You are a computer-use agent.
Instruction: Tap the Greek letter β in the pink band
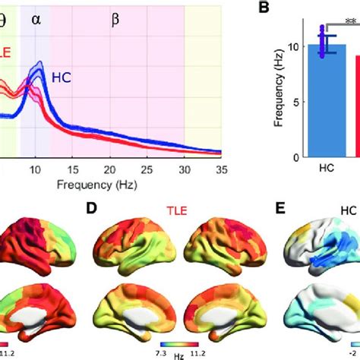(x=115, y=20)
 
